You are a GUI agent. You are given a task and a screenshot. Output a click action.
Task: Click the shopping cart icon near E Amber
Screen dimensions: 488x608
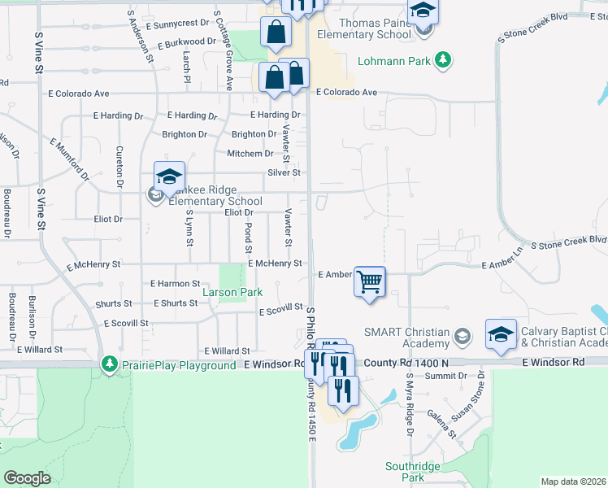pos(370,282)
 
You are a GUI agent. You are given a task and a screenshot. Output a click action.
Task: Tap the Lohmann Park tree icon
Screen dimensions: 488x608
pos(442,59)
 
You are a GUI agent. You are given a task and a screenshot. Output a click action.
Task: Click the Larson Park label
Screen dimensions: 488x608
pos(231,292)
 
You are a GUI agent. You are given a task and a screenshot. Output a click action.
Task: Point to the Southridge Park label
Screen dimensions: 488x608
pos(413,472)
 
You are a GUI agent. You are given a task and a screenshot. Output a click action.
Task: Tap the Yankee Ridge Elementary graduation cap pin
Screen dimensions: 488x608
pos(169,177)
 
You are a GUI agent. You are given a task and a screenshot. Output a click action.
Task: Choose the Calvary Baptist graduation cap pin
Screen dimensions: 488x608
pos(501,333)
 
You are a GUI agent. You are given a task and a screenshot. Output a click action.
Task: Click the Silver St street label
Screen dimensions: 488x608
pos(284,172)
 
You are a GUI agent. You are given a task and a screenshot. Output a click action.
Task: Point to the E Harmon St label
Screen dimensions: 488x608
pos(175,283)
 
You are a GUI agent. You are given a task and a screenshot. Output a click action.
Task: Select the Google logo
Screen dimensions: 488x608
pos(27,478)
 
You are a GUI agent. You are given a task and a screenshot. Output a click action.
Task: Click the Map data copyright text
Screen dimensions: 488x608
pos(573,481)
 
